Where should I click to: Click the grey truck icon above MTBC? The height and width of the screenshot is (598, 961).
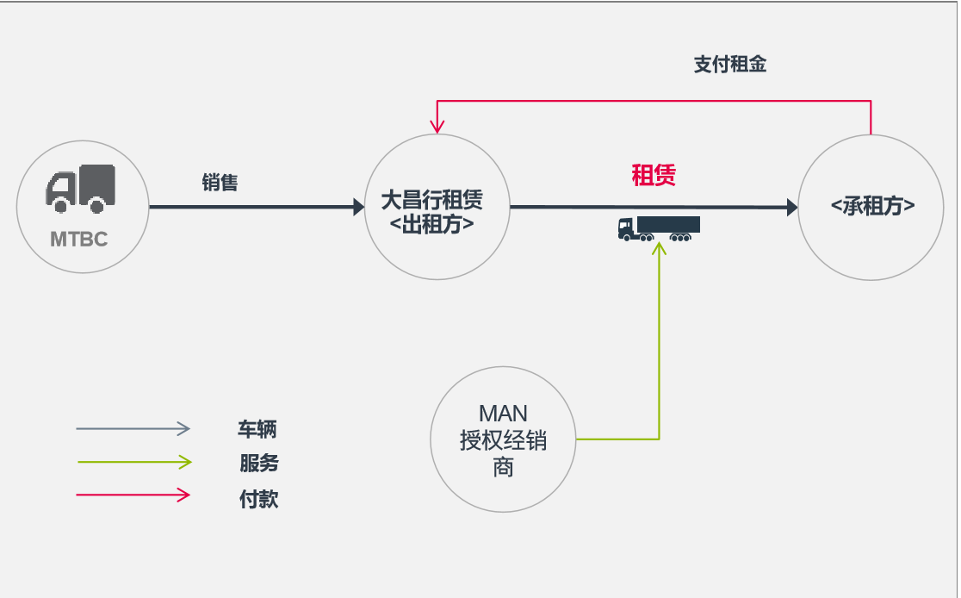80,189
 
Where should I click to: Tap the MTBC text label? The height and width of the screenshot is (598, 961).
79,239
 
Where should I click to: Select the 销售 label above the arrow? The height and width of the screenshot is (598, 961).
220,183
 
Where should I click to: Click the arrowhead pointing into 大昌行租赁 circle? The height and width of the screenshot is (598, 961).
358,207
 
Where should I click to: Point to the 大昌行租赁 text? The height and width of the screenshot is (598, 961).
432,201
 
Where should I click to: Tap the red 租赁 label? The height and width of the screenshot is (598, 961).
654,176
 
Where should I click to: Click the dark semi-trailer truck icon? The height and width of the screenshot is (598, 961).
659,228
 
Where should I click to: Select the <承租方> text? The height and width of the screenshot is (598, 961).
872,207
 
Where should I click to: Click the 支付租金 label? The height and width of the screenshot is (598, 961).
729,65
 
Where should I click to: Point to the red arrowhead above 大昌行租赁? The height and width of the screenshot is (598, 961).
437,128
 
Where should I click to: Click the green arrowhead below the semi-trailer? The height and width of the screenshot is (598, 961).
660,248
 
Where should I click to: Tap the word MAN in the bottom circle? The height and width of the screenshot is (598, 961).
503,414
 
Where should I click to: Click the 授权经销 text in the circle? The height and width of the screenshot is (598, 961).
503,441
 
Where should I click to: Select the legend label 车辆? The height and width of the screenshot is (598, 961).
257,429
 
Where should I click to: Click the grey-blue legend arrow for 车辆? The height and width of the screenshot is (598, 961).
133,428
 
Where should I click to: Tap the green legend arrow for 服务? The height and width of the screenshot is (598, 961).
133,463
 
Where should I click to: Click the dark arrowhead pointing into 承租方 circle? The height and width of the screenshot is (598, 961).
790,207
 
